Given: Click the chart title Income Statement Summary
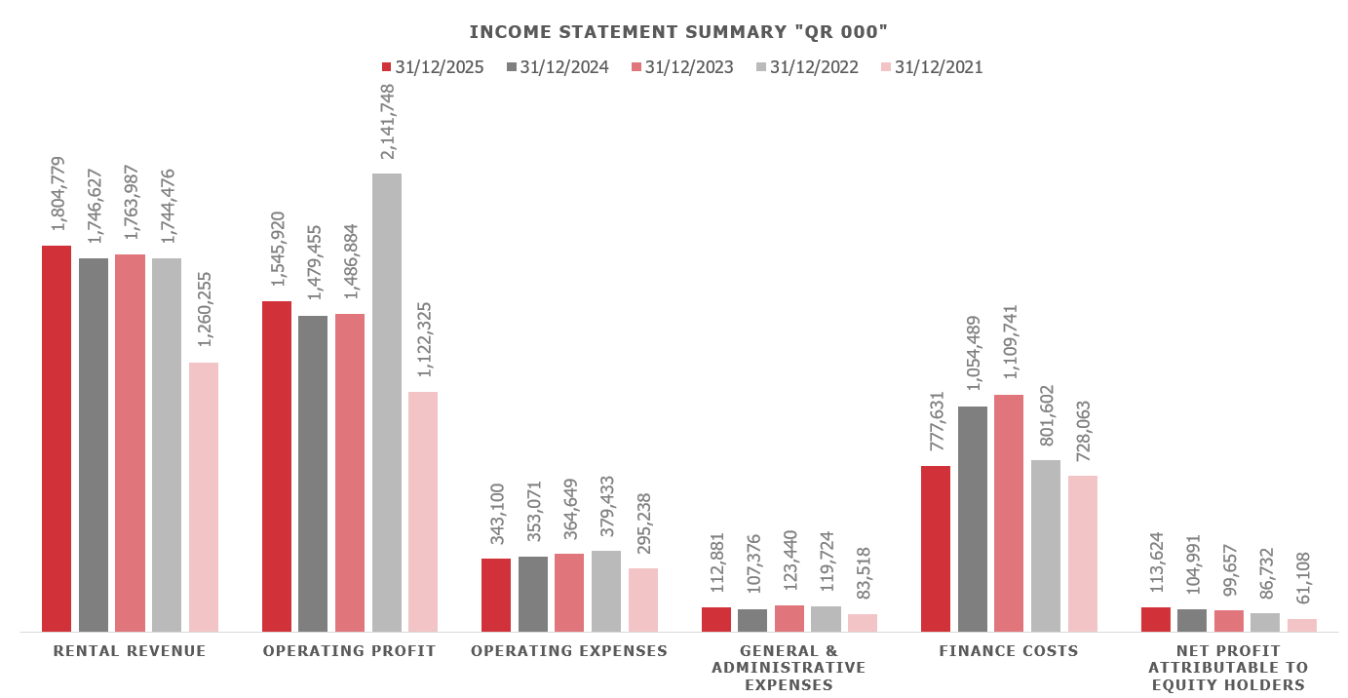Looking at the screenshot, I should tap(678, 32).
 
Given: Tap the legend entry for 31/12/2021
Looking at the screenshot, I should tap(931, 67).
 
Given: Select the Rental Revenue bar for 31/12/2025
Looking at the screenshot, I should tap(57, 438).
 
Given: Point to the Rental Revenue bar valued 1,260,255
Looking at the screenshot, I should tap(204, 496).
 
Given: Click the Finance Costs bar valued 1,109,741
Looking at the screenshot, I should tap(1009, 513).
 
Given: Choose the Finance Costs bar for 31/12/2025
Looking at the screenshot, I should tap(936, 548).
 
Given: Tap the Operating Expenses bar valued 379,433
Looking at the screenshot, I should tap(606, 591).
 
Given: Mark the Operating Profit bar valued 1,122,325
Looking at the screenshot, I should tap(423, 511).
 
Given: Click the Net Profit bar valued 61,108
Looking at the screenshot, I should tap(1302, 625).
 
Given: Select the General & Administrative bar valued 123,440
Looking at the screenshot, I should tap(790, 618).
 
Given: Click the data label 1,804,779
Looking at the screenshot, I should tap(58, 194).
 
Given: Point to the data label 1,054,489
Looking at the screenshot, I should tap(973, 353).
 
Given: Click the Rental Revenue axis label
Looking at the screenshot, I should tap(130, 651).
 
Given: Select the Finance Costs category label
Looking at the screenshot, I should tap(1009, 651).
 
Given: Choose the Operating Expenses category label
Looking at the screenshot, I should tap(569, 651).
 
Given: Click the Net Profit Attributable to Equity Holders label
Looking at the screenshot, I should tap(1228, 668).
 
